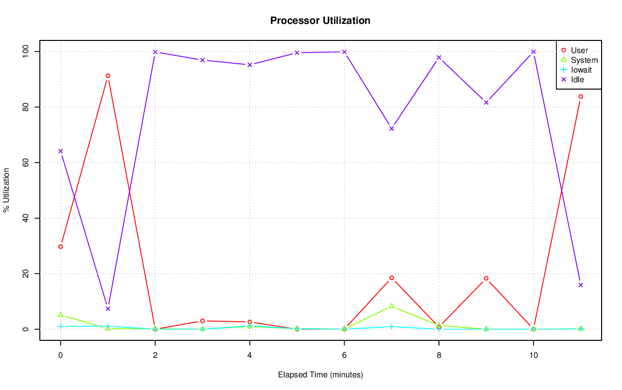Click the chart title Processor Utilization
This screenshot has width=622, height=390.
pyautogui.click(x=320, y=20)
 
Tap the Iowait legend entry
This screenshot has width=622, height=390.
pyautogui.click(x=581, y=70)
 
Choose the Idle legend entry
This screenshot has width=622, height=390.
pyautogui.click(x=577, y=79)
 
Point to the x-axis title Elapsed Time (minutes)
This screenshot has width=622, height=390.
pyautogui.click(x=320, y=375)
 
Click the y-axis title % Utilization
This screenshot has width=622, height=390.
pyautogui.click(x=6, y=190)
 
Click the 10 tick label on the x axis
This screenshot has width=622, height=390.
pyautogui.click(x=533, y=355)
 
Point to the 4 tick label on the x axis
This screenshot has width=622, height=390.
pyautogui.click(x=249, y=355)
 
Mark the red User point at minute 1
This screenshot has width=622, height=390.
pyautogui.click(x=108, y=75)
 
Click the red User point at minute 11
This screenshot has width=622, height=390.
pyautogui.click(x=581, y=96)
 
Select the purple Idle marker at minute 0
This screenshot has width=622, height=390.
pyautogui.click(x=60, y=151)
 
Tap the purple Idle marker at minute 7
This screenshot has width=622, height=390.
pyautogui.click(x=392, y=129)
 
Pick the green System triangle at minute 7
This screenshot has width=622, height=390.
pyautogui.click(x=392, y=306)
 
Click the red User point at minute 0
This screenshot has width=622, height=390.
pyautogui.click(x=60, y=246)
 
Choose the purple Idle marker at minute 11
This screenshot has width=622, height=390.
pyautogui.click(x=581, y=285)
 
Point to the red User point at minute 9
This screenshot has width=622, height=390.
pyautogui.click(x=486, y=278)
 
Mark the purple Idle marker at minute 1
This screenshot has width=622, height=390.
pyautogui.click(x=108, y=309)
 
